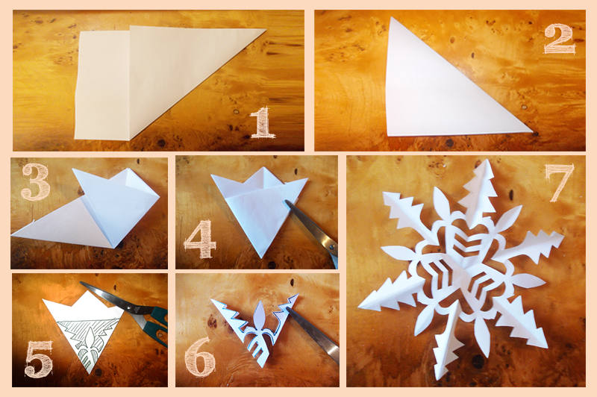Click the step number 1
point(263,122)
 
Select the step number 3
point(35,181)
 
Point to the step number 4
point(200,239)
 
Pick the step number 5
point(38,359)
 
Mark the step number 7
point(559,183)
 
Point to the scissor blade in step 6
point(313,335)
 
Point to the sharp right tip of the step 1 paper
point(266,29)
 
